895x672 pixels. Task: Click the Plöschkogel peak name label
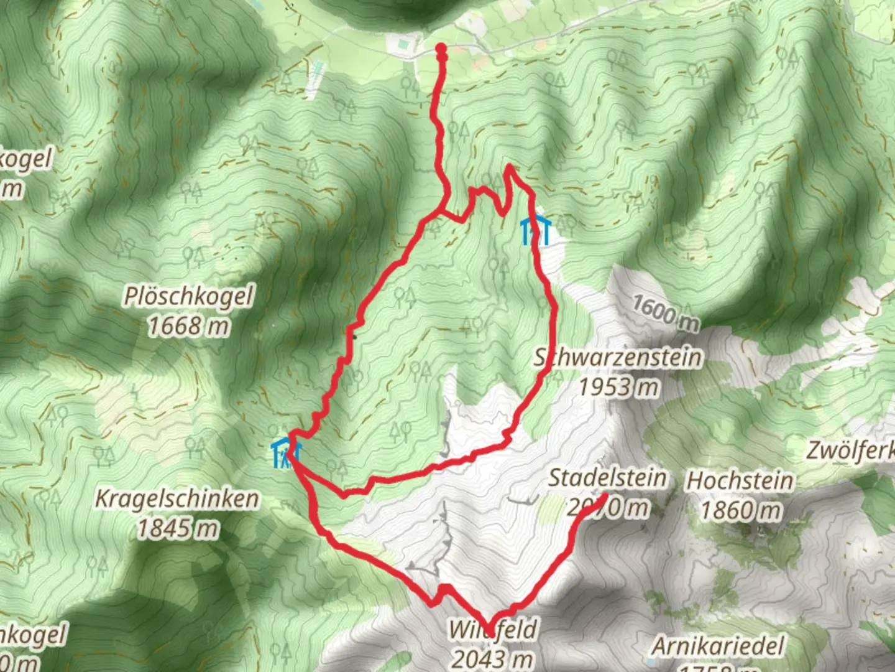[x=188, y=297]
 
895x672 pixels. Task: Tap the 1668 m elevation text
[x=188, y=325]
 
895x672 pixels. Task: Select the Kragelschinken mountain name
[x=177, y=499]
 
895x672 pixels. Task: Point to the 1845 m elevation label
[x=177, y=528]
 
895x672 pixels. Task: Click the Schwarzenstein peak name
[x=618, y=358]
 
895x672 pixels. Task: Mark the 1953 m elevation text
[x=618, y=386]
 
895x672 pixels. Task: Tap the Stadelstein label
[x=607, y=478]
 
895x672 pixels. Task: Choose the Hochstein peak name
[x=740, y=481]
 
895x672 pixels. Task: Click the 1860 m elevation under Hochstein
[x=740, y=510]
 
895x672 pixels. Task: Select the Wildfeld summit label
[x=493, y=630]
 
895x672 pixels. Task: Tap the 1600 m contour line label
[x=666, y=313]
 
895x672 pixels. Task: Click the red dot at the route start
[x=441, y=49]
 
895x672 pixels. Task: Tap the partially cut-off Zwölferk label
[x=851, y=450]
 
